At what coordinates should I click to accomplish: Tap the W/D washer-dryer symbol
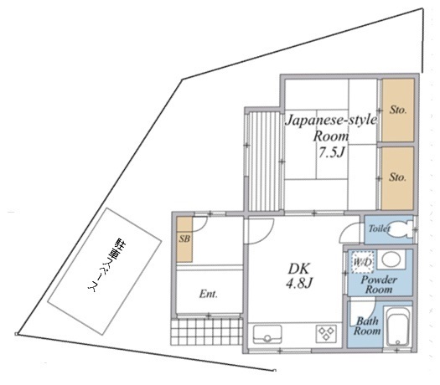tap(363, 262)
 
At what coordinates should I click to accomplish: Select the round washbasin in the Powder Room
tap(391, 259)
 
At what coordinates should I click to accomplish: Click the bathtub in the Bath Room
tap(397, 326)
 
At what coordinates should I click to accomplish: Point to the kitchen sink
tap(267, 334)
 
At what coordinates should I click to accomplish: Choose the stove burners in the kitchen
tap(325, 333)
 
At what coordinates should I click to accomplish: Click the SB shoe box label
tap(184, 239)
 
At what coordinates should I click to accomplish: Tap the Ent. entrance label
tap(208, 294)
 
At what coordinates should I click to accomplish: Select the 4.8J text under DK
tap(299, 283)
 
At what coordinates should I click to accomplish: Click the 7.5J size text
tap(331, 152)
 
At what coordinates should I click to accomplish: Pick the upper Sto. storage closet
tap(398, 110)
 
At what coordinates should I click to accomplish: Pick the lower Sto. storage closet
tap(397, 178)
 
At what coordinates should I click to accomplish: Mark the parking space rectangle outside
tap(105, 271)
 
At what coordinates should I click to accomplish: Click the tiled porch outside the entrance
tap(206, 331)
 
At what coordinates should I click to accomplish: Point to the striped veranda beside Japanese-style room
tap(264, 162)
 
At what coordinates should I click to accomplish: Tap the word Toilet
tap(380, 228)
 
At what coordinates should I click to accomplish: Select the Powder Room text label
tap(379, 284)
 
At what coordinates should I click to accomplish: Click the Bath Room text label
tap(367, 326)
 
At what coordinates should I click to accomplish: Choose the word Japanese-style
tap(331, 121)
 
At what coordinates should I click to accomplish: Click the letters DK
tap(299, 269)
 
